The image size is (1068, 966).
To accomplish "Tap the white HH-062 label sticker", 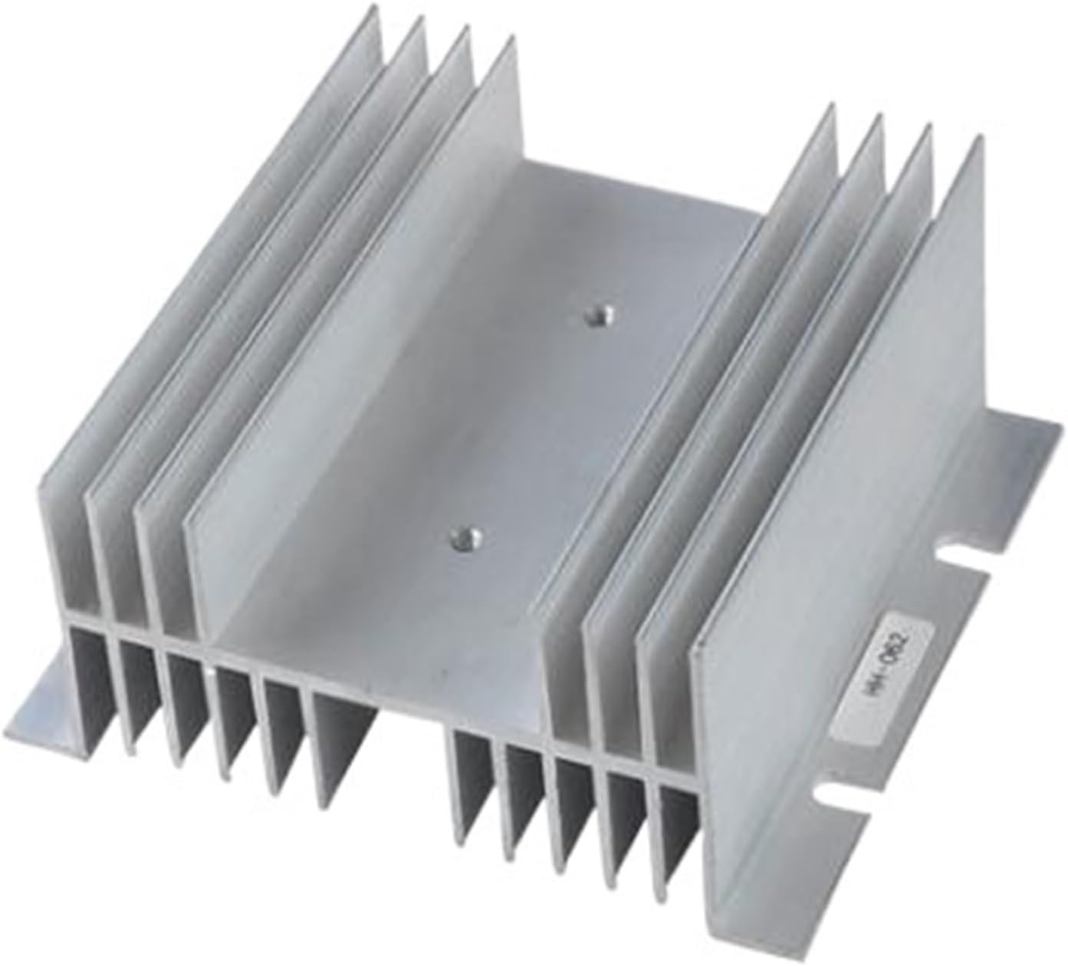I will coord(902,654).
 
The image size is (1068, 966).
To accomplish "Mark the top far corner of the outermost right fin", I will coord(978,138).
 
